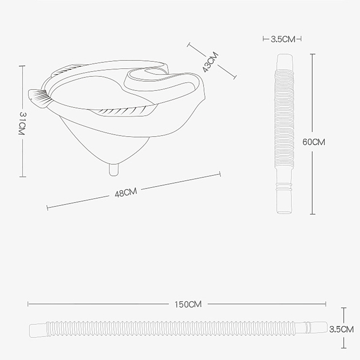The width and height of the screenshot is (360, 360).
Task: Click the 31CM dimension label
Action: coord(22,124)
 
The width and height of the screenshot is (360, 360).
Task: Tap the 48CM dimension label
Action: coord(126,193)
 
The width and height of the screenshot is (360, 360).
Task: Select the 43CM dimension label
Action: coord(211,62)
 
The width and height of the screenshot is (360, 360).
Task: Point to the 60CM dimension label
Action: coord(314,142)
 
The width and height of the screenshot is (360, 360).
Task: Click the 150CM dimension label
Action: coord(188,304)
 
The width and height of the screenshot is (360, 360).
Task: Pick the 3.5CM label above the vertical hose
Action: coord(283,39)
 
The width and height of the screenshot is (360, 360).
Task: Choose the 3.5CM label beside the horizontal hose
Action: coord(341,329)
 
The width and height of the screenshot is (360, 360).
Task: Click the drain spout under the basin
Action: coord(114,170)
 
